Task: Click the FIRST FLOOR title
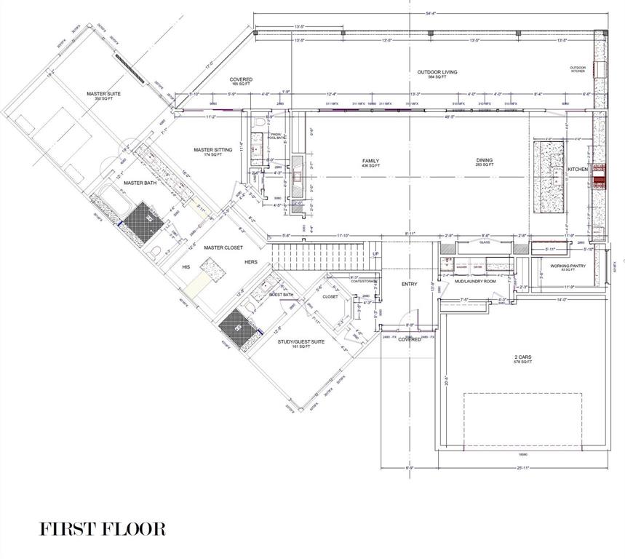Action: (103, 528)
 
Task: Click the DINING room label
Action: (485, 162)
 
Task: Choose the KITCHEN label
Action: (578, 169)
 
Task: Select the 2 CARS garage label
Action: (522, 358)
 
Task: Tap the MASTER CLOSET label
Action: (223, 247)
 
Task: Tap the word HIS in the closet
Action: (186, 267)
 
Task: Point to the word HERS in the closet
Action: (251, 262)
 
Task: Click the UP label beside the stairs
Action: (375, 254)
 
